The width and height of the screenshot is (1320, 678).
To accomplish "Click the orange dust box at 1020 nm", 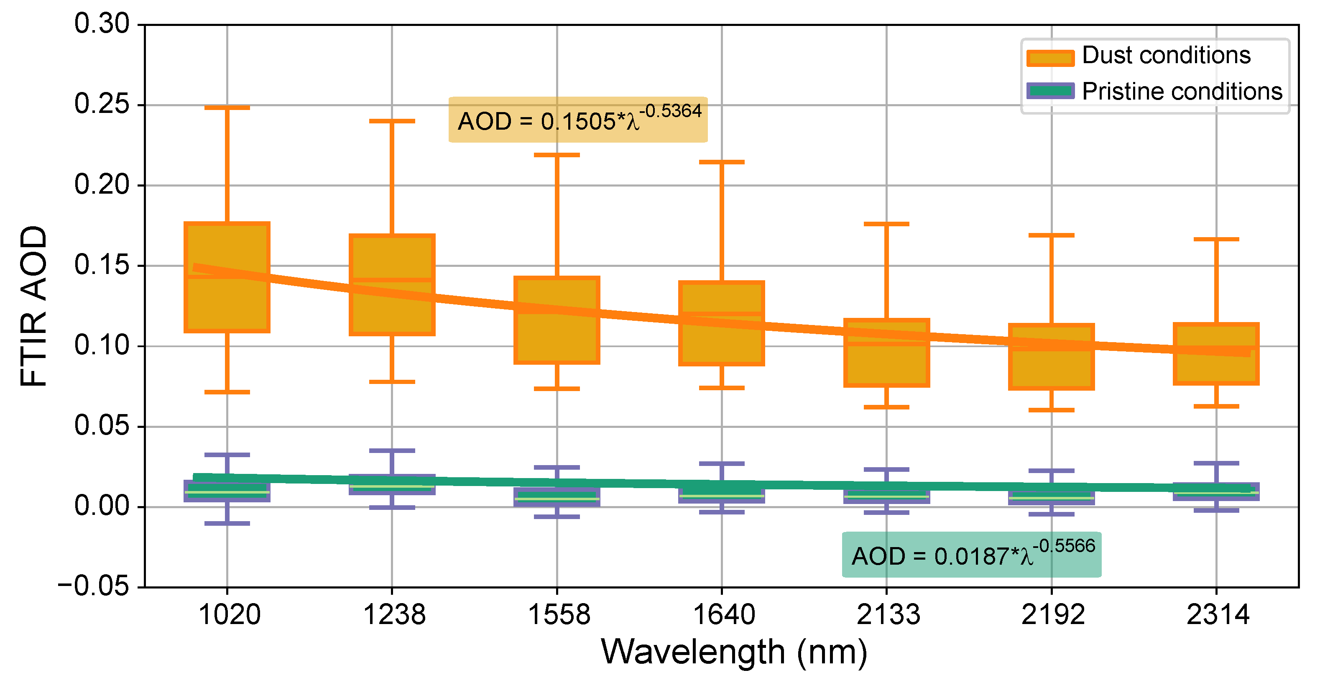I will (227, 302).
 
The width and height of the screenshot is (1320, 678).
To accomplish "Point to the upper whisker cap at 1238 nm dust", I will (392, 121).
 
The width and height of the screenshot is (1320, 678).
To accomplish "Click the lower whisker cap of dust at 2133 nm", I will (886, 407).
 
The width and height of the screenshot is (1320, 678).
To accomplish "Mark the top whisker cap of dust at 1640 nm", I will (722, 162).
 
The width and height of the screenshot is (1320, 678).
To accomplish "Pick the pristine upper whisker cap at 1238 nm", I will (392, 451).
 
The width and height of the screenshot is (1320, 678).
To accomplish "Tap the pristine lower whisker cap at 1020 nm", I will (227, 524).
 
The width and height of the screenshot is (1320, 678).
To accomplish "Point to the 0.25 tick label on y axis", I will (102, 105).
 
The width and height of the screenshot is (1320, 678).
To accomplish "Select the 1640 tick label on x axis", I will (723, 614).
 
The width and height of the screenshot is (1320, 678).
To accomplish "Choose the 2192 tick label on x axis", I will (1052, 614).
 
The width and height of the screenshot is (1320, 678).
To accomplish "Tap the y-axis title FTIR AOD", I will (34, 306).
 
